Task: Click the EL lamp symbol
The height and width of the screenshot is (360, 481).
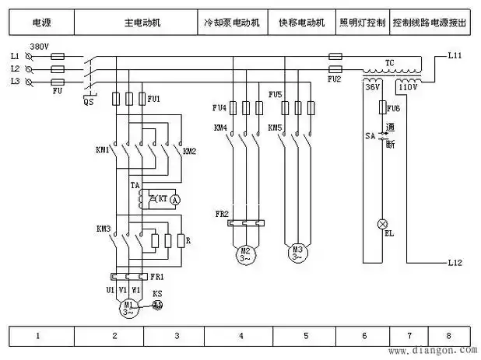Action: point(382,225)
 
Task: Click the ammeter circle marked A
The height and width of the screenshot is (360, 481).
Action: point(175,200)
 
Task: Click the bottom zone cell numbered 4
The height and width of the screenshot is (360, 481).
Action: point(240,337)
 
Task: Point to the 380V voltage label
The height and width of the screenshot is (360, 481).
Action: point(38,47)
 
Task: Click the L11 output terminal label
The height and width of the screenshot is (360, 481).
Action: point(456,57)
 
